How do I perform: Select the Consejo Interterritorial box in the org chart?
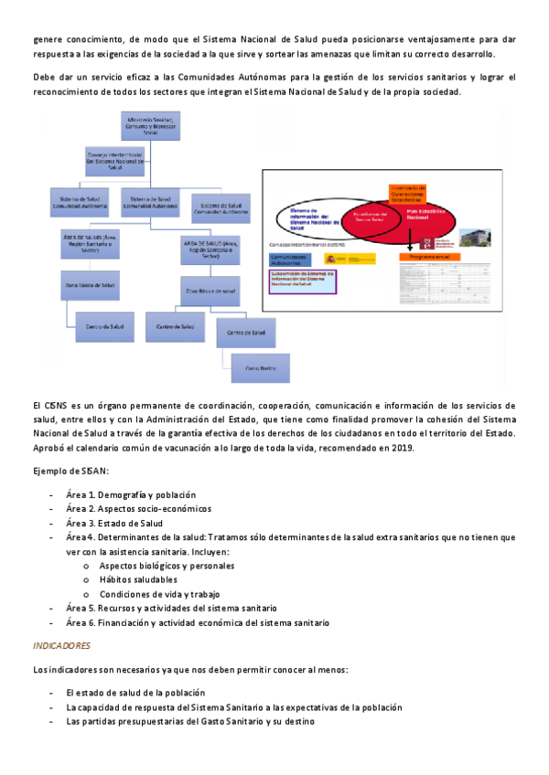click(x=114, y=162)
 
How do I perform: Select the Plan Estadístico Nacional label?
click(x=417, y=217)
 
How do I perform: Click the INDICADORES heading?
click(x=61, y=645)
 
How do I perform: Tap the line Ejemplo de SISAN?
click(x=70, y=471)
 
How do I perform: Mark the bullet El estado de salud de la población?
click(x=135, y=693)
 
